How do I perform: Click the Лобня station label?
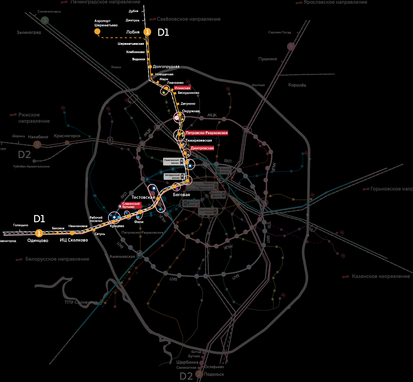click(x=133, y=32)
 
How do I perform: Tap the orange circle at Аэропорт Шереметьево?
click(x=97, y=31)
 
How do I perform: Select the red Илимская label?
click(x=182, y=88)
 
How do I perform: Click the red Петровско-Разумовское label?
click(x=206, y=133)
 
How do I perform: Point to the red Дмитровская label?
click(x=202, y=148)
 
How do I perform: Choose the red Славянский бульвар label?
click(x=131, y=205)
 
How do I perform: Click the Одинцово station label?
click(x=38, y=240)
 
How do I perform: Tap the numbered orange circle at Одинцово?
click(x=39, y=233)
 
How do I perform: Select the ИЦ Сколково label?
click(x=74, y=240)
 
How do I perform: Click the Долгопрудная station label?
click(x=166, y=67)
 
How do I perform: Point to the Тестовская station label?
click(x=143, y=197)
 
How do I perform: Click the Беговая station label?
click(x=182, y=195)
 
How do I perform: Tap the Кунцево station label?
click(x=117, y=226)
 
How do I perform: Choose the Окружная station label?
click(x=191, y=111)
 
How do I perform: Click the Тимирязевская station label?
click(x=199, y=140)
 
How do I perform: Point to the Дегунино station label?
click(x=188, y=103)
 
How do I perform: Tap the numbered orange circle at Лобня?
click(x=147, y=32)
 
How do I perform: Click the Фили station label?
click(x=139, y=222)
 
